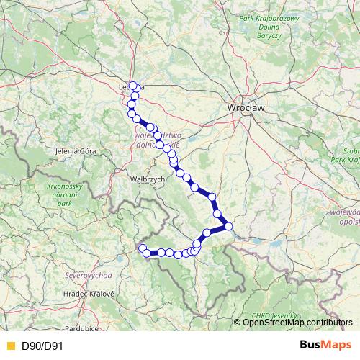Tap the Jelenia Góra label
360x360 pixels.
76,152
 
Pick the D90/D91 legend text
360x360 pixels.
42,347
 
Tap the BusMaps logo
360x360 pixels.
323,346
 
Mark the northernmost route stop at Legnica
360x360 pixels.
133,86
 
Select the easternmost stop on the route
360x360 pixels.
228,226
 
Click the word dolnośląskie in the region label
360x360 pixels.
162,144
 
